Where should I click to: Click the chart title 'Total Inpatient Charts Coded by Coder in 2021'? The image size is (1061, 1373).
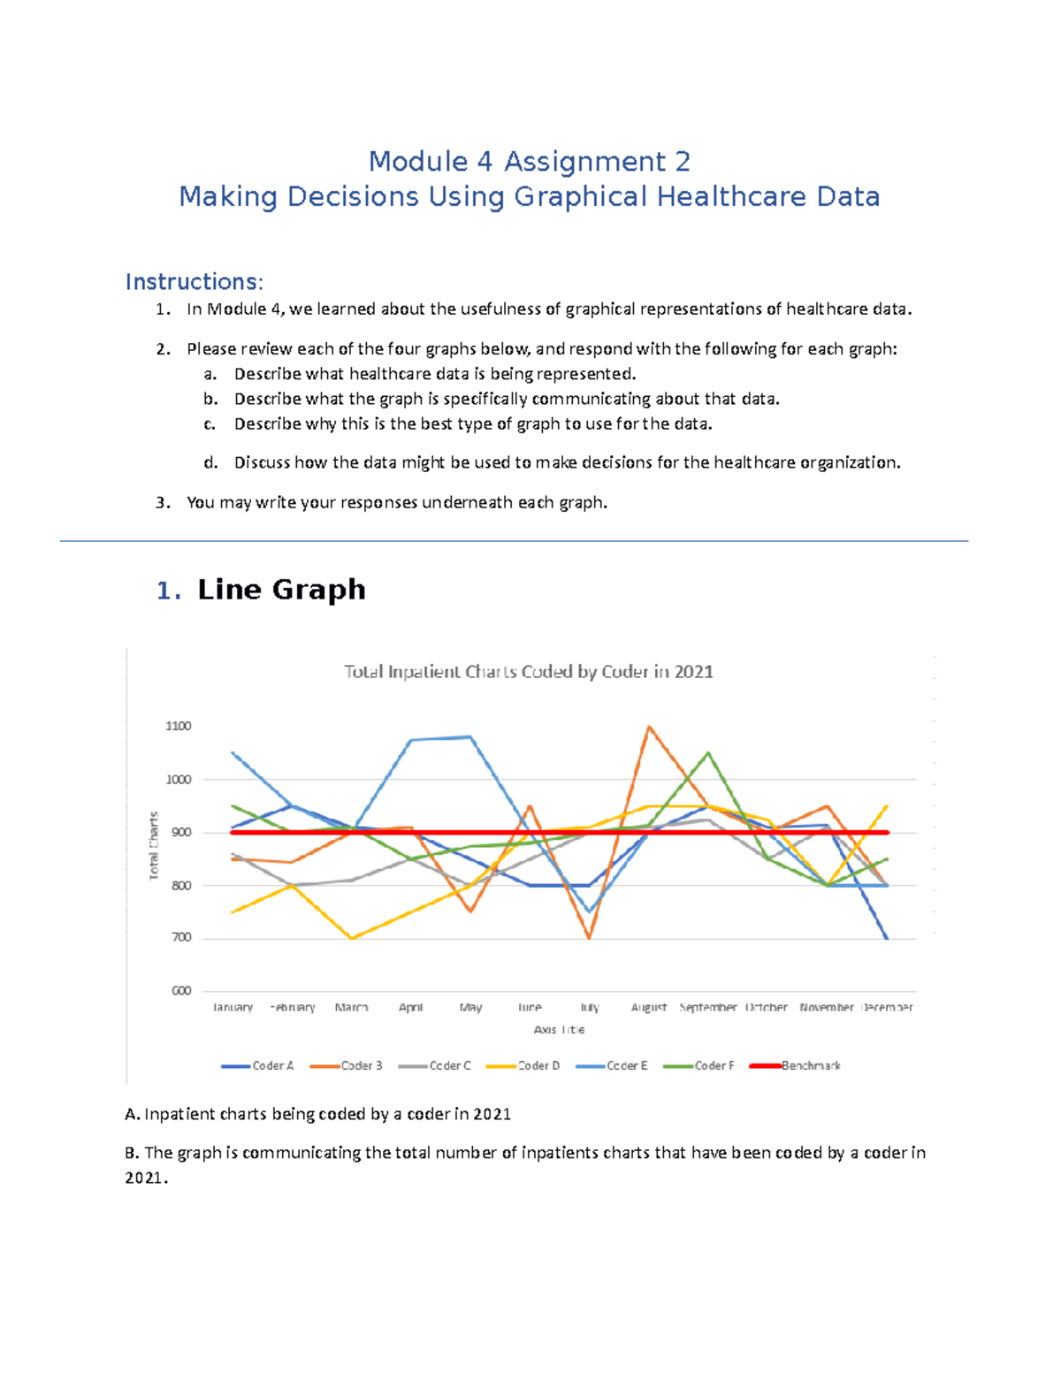click(528, 672)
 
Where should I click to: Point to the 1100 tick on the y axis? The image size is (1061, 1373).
click(178, 726)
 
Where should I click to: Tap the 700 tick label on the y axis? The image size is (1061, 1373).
click(180, 937)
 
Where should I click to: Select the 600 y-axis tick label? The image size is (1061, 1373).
click(180, 990)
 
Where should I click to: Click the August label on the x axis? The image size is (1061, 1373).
click(648, 1007)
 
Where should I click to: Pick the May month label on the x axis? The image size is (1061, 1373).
click(470, 1007)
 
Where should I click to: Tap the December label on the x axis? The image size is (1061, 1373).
click(887, 1007)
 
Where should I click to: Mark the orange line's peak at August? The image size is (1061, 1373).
click(649, 727)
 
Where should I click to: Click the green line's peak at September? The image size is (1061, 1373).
click(708, 752)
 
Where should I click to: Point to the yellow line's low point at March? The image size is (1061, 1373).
click(352, 938)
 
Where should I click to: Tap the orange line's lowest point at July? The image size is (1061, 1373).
click(589, 938)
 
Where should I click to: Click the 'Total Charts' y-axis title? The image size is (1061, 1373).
click(154, 846)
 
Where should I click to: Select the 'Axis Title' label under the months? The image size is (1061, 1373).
click(559, 1029)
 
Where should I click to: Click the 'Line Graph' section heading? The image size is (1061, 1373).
click(281, 590)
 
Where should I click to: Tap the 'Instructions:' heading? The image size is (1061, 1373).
click(194, 282)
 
